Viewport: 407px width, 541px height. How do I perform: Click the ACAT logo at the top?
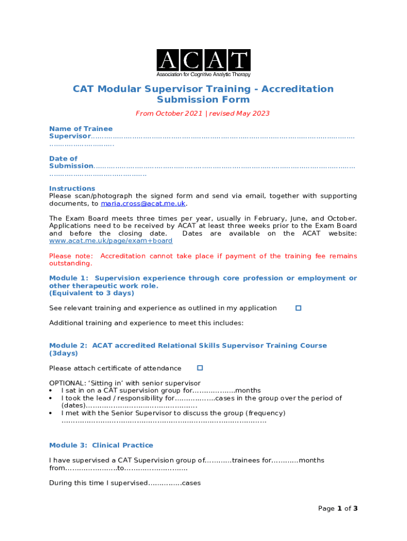pyautogui.click(x=203, y=63)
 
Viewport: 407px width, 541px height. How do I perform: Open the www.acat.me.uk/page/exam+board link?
pyautogui.click(x=110, y=241)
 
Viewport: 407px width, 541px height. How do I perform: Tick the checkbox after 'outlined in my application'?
pyautogui.click(x=298, y=307)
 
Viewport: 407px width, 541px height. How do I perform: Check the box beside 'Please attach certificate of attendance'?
pyautogui.click(x=200, y=368)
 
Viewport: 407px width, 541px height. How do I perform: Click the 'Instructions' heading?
pyautogui.click(x=72, y=189)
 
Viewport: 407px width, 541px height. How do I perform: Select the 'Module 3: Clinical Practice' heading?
pyautogui.click(x=101, y=445)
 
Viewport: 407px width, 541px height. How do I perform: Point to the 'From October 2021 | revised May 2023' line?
pyautogui.click(x=202, y=113)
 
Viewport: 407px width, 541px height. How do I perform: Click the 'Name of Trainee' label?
pyautogui.click(x=80, y=128)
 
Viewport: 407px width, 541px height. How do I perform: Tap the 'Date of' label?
pyautogui.click(x=63, y=158)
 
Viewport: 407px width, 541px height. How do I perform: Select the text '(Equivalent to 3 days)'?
pyautogui.click(x=91, y=293)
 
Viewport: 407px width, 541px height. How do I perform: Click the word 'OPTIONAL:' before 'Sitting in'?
pyautogui.click(x=67, y=383)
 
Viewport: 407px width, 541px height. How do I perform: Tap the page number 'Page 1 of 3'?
pyautogui.click(x=338, y=508)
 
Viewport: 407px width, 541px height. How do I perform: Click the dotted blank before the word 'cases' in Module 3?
pyautogui.click(x=164, y=483)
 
